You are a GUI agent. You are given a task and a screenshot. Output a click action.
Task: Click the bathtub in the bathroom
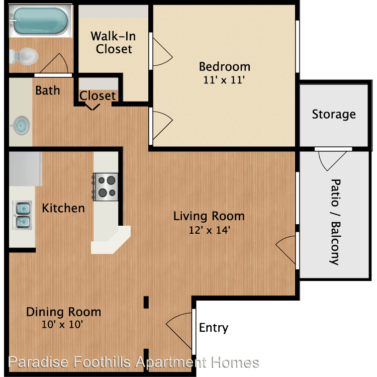pyautogui.click(x=40, y=21)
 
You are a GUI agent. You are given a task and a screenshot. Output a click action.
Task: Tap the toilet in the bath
pyautogui.click(x=24, y=56)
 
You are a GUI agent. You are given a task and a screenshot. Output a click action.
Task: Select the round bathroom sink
pyautogui.click(x=22, y=125)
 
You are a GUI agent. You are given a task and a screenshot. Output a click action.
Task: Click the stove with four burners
pyautogui.click(x=105, y=187)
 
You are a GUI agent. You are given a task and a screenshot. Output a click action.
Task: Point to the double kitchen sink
pyautogui.click(x=22, y=215)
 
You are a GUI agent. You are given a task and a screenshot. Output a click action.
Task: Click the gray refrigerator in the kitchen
pyautogui.click(x=26, y=168)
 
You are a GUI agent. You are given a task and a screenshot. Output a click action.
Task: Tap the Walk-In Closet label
pyautogui.click(x=114, y=43)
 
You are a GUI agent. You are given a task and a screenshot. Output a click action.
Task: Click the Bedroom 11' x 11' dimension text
pyautogui.click(x=224, y=80)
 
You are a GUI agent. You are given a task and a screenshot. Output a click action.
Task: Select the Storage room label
pyautogui.click(x=334, y=114)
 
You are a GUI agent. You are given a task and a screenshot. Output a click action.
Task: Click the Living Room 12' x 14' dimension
pyautogui.click(x=210, y=230)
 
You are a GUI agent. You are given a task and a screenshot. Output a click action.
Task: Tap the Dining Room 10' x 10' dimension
pyautogui.click(x=62, y=324)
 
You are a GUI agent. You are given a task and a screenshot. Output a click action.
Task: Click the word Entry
pyautogui.click(x=214, y=328)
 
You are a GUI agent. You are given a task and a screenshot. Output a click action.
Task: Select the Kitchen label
pyautogui.click(x=63, y=208)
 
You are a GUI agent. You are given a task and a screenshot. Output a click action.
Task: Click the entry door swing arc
pyautogui.click(x=179, y=331)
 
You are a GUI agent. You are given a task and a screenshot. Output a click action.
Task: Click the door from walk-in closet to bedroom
pyautogui.click(x=162, y=52)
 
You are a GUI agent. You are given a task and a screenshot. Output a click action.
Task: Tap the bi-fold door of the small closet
pyautogui.click(x=92, y=107)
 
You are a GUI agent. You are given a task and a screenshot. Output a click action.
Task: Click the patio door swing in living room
pyautogui.click(x=286, y=249)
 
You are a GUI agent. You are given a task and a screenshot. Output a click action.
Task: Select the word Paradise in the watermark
pyautogui.click(x=38, y=362)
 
